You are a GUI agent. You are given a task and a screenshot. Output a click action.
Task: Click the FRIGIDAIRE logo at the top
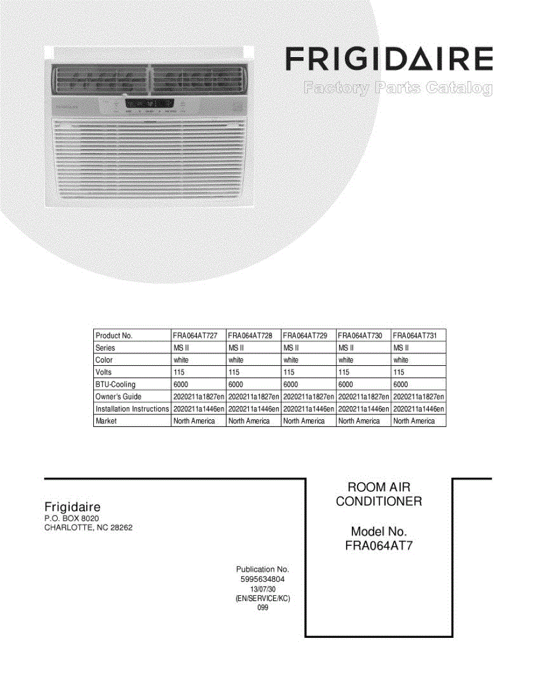tap(389, 59)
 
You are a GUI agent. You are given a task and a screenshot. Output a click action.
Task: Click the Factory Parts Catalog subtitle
tap(397, 89)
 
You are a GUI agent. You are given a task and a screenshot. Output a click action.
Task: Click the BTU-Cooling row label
tap(115, 384)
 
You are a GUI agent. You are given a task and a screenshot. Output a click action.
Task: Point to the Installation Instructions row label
tap(132, 409)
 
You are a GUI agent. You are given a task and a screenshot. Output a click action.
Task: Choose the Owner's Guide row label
tap(118, 397)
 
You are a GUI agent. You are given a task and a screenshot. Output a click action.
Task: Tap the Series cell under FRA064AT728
tap(235, 348)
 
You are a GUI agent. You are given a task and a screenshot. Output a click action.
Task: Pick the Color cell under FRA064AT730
tap(346, 360)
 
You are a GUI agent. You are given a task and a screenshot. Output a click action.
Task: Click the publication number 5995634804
tap(262, 580)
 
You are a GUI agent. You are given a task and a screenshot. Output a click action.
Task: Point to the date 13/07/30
tap(263, 589)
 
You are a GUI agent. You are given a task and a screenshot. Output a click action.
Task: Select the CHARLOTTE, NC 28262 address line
tap(92, 528)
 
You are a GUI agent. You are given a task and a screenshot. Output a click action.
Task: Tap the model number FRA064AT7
tap(379, 546)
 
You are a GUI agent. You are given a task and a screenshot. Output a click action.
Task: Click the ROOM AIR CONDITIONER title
tap(379, 494)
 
